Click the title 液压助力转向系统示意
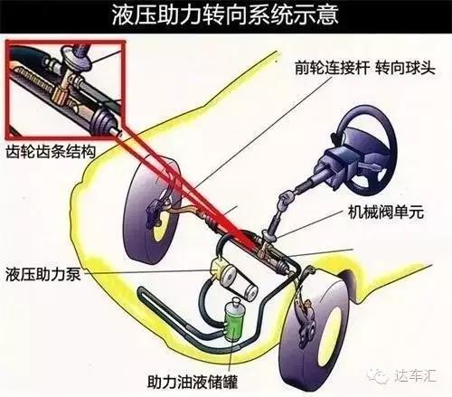(225, 14)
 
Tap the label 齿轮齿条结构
(51, 151)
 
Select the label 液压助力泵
(43, 274)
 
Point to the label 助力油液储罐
(193, 382)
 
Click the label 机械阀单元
(386, 212)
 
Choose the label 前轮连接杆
(332, 67)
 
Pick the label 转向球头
(405, 67)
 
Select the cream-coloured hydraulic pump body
(218, 267)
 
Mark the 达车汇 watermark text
(415, 375)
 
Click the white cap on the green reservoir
(235, 302)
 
